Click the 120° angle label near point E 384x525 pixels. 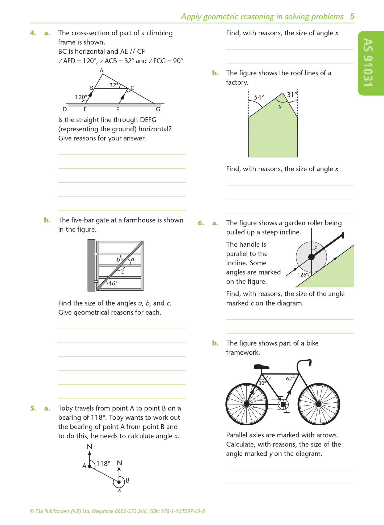[81, 97]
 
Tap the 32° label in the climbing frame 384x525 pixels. [114, 85]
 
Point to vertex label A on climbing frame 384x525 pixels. [101, 70]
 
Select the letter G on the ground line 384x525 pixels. [158, 109]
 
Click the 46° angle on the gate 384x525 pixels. [113, 283]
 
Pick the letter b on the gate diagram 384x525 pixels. [118, 260]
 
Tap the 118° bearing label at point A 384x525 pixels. [103, 464]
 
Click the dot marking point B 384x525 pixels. [119, 482]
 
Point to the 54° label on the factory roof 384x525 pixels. [259, 97]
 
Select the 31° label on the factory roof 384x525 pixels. [292, 95]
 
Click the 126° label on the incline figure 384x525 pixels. [303, 275]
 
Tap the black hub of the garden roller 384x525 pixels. [311, 257]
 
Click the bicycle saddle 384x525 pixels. [261, 367]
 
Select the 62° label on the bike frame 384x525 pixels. [290, 379]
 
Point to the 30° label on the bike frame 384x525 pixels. [262, 383]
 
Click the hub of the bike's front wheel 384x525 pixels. [319, 404]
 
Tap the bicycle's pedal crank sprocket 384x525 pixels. [283, 404]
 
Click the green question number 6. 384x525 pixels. [201, 223]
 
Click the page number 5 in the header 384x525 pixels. [352, 16]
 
